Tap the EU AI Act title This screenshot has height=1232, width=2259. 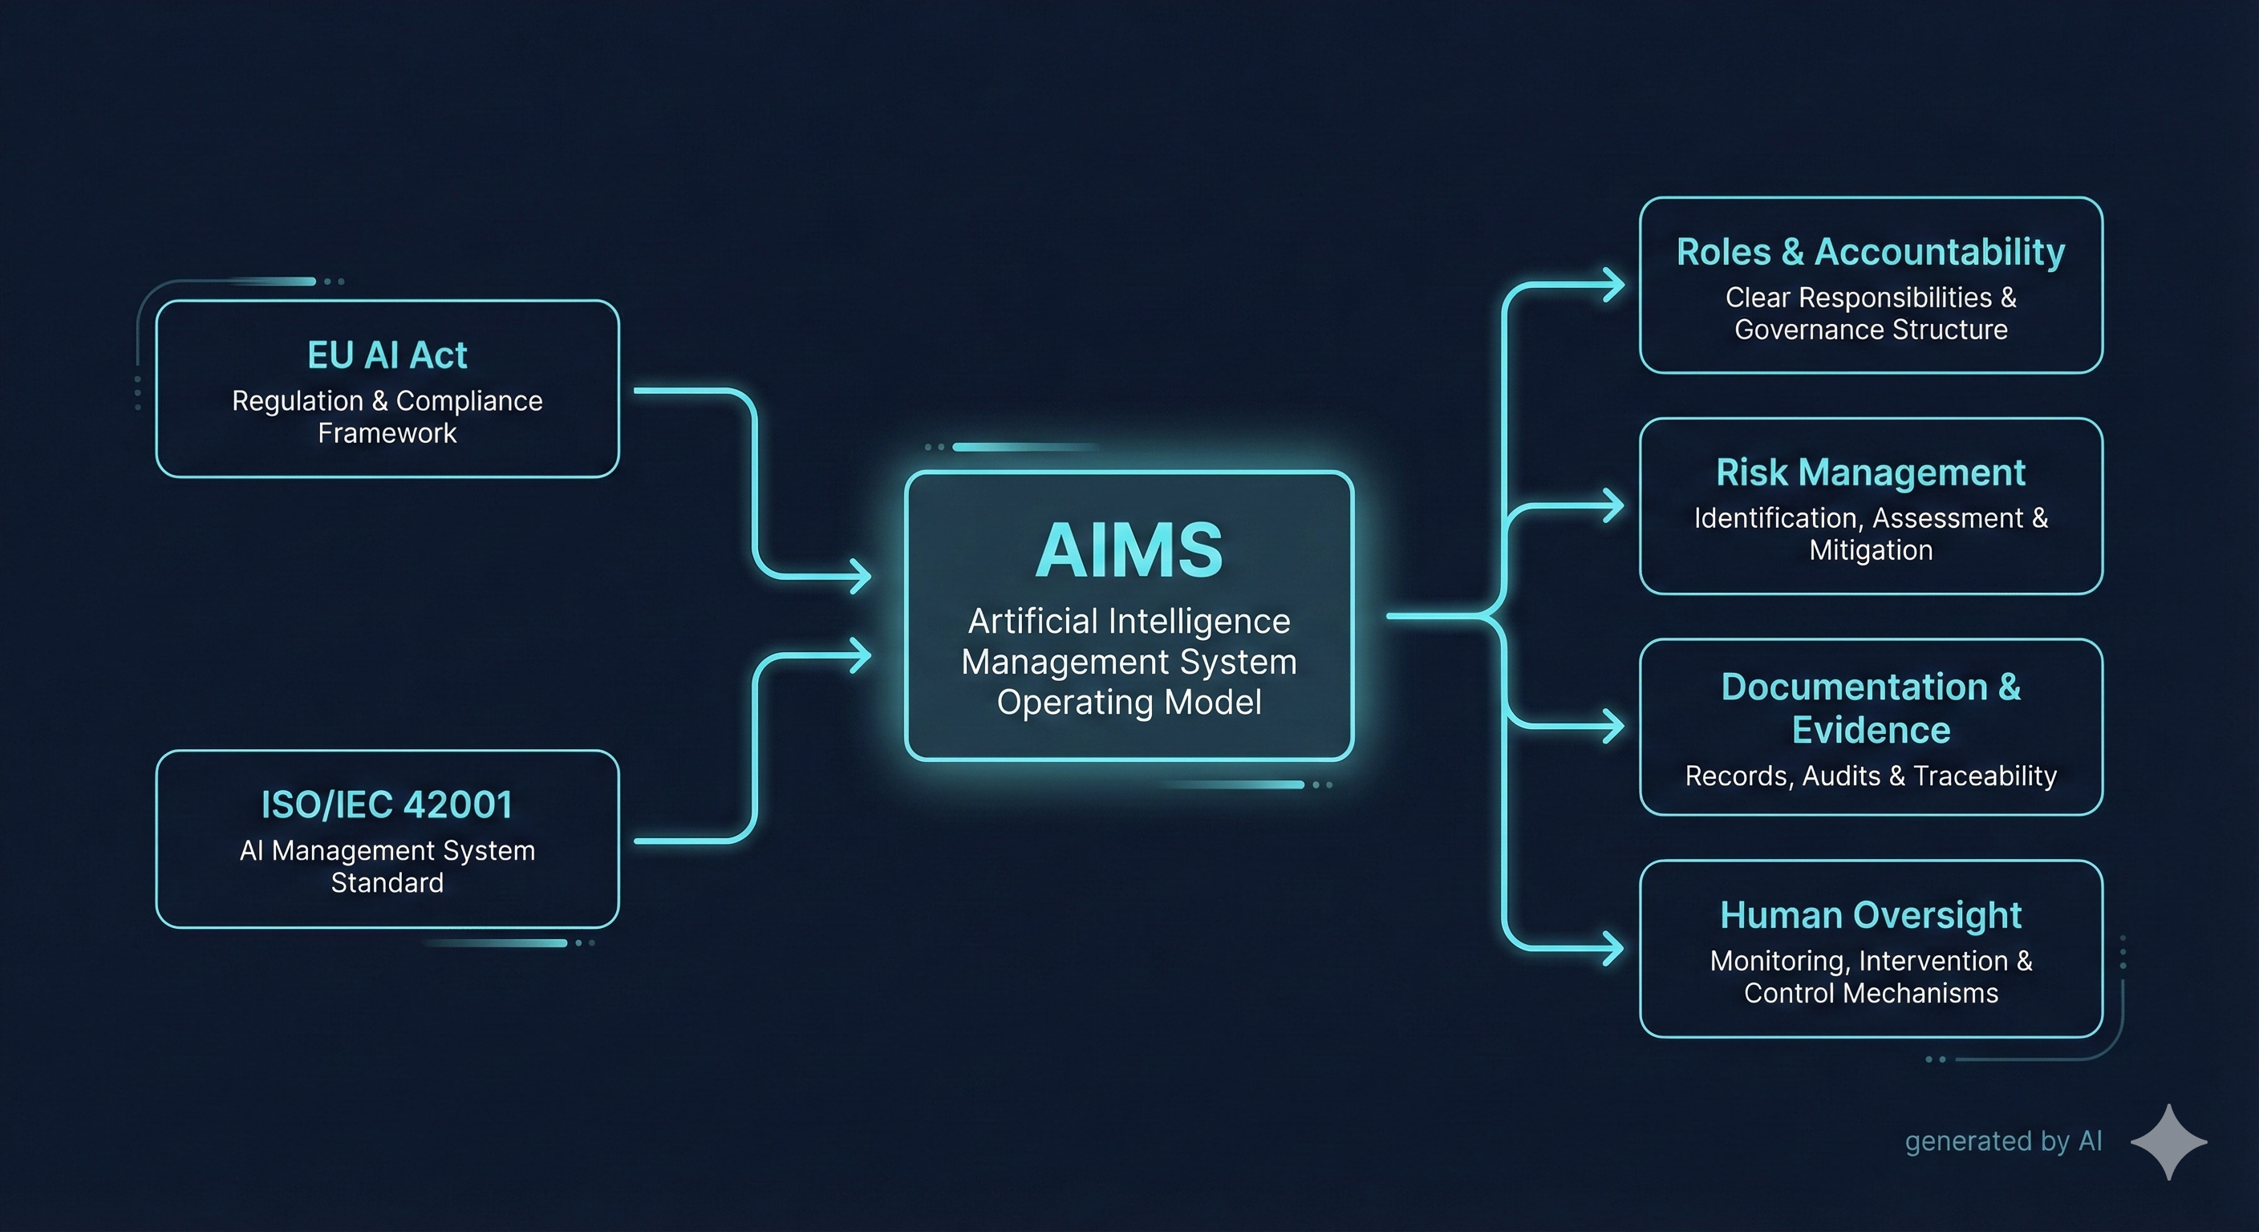387,355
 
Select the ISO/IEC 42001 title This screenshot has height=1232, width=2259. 387,804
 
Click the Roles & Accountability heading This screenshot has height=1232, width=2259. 1871,252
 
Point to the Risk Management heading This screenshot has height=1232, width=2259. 1871,472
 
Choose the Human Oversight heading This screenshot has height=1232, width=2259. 1871,914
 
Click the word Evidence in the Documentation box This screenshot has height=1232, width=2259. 1871,730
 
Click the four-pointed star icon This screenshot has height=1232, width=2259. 2168,1141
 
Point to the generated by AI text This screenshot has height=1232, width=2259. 2003,1141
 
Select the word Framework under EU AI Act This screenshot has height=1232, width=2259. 387,433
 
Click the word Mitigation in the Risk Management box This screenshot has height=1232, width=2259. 1871,549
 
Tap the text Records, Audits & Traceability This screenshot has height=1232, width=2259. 1871,776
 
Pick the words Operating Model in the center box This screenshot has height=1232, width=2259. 1129,703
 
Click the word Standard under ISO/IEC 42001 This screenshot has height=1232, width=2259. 387,882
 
